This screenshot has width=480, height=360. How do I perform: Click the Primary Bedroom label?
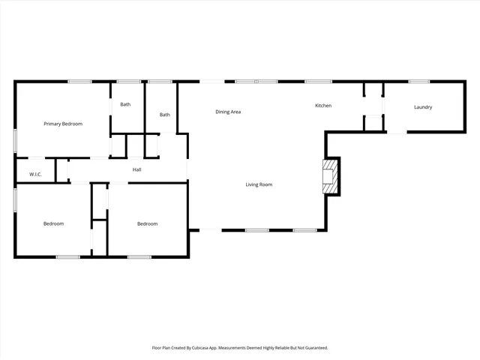[63, 124]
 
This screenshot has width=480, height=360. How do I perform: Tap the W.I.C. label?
[35, 175]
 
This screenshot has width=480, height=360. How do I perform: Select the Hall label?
[137, 169]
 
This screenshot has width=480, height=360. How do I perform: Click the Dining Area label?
[228, 112]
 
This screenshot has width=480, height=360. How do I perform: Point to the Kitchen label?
[322, 106]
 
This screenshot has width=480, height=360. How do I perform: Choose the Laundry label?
[423, 107]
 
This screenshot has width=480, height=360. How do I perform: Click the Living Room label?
[259, 184]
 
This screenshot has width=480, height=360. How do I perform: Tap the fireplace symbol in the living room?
[330, 177]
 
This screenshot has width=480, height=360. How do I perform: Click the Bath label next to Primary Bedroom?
[125, 104]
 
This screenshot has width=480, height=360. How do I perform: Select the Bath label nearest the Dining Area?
[164, 115]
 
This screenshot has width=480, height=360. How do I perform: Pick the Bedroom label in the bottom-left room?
[53, 223]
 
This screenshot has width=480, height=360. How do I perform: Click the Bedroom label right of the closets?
[147, 223]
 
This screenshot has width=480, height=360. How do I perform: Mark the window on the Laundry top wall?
[419, 81]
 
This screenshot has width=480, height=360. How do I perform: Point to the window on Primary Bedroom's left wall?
[16, 141]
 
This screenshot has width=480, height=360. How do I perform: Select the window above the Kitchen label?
[318, 81]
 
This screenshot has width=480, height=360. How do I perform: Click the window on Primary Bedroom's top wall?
[79, 81]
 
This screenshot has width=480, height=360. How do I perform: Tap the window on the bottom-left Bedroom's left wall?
[16, 199]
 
